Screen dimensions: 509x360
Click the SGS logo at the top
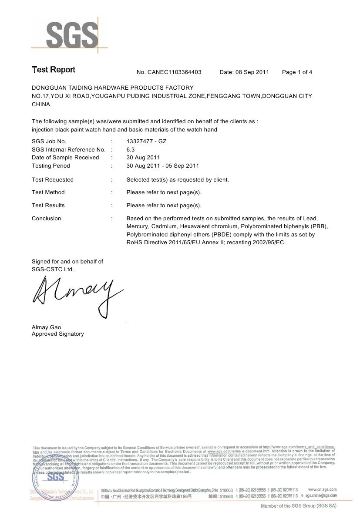72,36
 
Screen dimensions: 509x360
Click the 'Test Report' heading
53,70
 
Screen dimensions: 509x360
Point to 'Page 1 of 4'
297,72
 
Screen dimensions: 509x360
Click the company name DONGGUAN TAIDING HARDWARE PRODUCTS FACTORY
112,88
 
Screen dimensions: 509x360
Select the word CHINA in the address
40,104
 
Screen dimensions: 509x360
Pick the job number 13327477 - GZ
146,141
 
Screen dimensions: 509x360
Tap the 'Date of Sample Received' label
65,158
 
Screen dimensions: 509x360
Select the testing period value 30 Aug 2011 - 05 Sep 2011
162,166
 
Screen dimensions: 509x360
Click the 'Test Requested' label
53,180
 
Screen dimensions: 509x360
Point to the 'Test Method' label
48,192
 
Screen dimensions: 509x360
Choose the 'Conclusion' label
46,219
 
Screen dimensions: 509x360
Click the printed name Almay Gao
46,327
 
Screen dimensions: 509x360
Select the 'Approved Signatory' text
57,334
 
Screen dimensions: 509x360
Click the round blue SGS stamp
55,476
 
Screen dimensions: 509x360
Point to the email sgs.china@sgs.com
321,496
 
